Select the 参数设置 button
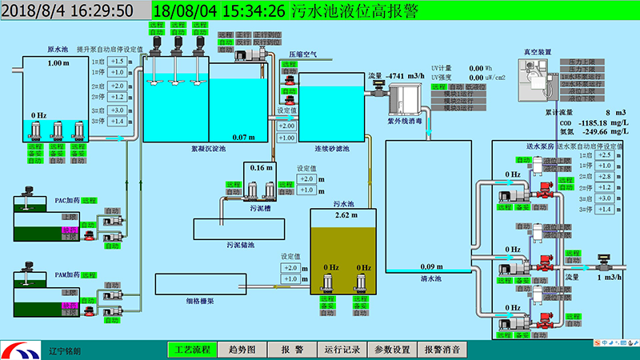(x=391, y=350)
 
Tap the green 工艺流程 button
(x=193, y=350)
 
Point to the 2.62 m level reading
(x=343, y=216)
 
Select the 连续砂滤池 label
(x=332, y=149)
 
